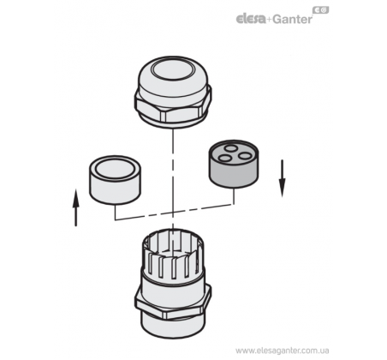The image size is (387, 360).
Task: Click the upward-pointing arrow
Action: pos(75,207)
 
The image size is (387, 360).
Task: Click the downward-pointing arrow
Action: pos(283,178)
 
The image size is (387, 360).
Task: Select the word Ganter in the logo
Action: pos(292,19)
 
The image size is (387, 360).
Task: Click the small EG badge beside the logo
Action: pos(321,10)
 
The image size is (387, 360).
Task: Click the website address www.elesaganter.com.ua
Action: pos(283,351)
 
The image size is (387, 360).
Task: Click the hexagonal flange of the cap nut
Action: pos(173,107)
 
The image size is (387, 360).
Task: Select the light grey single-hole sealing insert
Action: pos(115,180)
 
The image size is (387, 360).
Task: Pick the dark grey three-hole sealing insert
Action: pos(234,164)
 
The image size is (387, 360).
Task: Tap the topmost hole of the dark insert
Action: pos(230,148)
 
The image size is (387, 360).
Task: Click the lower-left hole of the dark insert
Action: pos(225,158)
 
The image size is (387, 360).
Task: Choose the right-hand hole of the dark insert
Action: pos(244,156)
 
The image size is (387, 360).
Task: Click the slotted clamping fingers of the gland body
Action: pos(173,255)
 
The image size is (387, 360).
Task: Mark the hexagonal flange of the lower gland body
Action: pos(173,302)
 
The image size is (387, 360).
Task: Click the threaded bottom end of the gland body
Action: pos(173,325)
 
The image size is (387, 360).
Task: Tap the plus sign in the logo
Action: pos(269,20)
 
